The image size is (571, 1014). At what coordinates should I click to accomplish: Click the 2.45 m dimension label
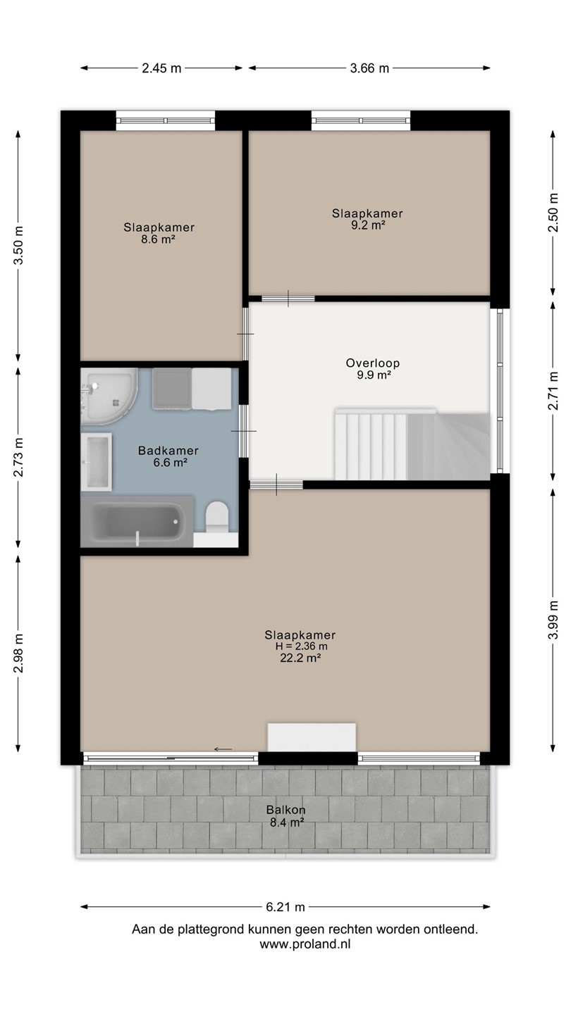[x=161, y=68]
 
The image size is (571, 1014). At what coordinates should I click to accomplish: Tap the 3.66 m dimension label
[x=369, y=68]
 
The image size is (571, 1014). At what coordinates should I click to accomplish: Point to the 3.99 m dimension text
[x=553, y=620]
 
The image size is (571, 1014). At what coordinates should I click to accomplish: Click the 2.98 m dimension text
[x=18, y=653]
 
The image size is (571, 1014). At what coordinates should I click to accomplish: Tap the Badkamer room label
[x=168, y=451]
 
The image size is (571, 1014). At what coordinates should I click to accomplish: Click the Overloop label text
[x=372, y=363]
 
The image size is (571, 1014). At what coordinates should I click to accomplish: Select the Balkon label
[x=286, y=810]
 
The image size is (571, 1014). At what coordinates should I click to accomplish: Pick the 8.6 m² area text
[x=158, y=239]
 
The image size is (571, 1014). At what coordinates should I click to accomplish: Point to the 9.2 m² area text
[x=368, y=225]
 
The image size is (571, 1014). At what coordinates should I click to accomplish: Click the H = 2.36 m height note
[x=301, y=646]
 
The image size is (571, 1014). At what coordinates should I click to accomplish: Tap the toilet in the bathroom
[x=217, y=517]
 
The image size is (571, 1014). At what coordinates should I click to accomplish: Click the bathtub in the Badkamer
[x=137, y=522]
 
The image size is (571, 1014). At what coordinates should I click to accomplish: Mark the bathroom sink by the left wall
[x=97, y=462]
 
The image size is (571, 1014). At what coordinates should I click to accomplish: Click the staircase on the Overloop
[x=412, y=444]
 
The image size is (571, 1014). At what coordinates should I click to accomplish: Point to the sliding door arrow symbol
[x=223, y=749]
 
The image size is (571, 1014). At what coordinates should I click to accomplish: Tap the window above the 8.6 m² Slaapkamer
[x=166, y=120]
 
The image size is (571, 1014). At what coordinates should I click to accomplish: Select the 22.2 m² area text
[x=300, y=658]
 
